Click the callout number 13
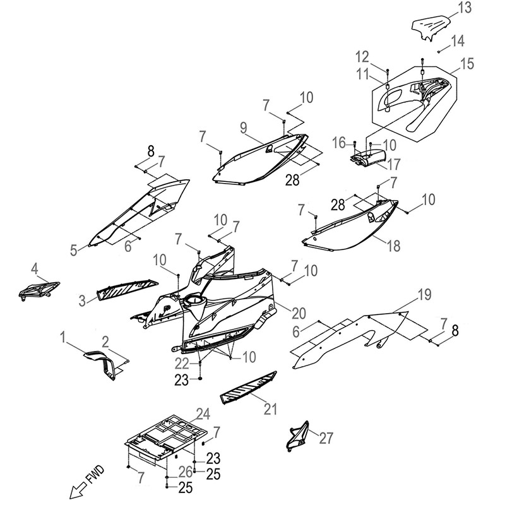point(465,8)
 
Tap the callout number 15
point(467,64)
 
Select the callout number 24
point(203,414)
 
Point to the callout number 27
point(326,438)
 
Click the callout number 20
point(299,313)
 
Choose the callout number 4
point(35,269)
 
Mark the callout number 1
point(62,338)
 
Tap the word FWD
point(96,475)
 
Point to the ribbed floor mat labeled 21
point(248,388)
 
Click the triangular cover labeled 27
point(298,436)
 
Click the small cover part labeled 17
point(368,158)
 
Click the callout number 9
point(244,128)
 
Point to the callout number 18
point(393,246)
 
